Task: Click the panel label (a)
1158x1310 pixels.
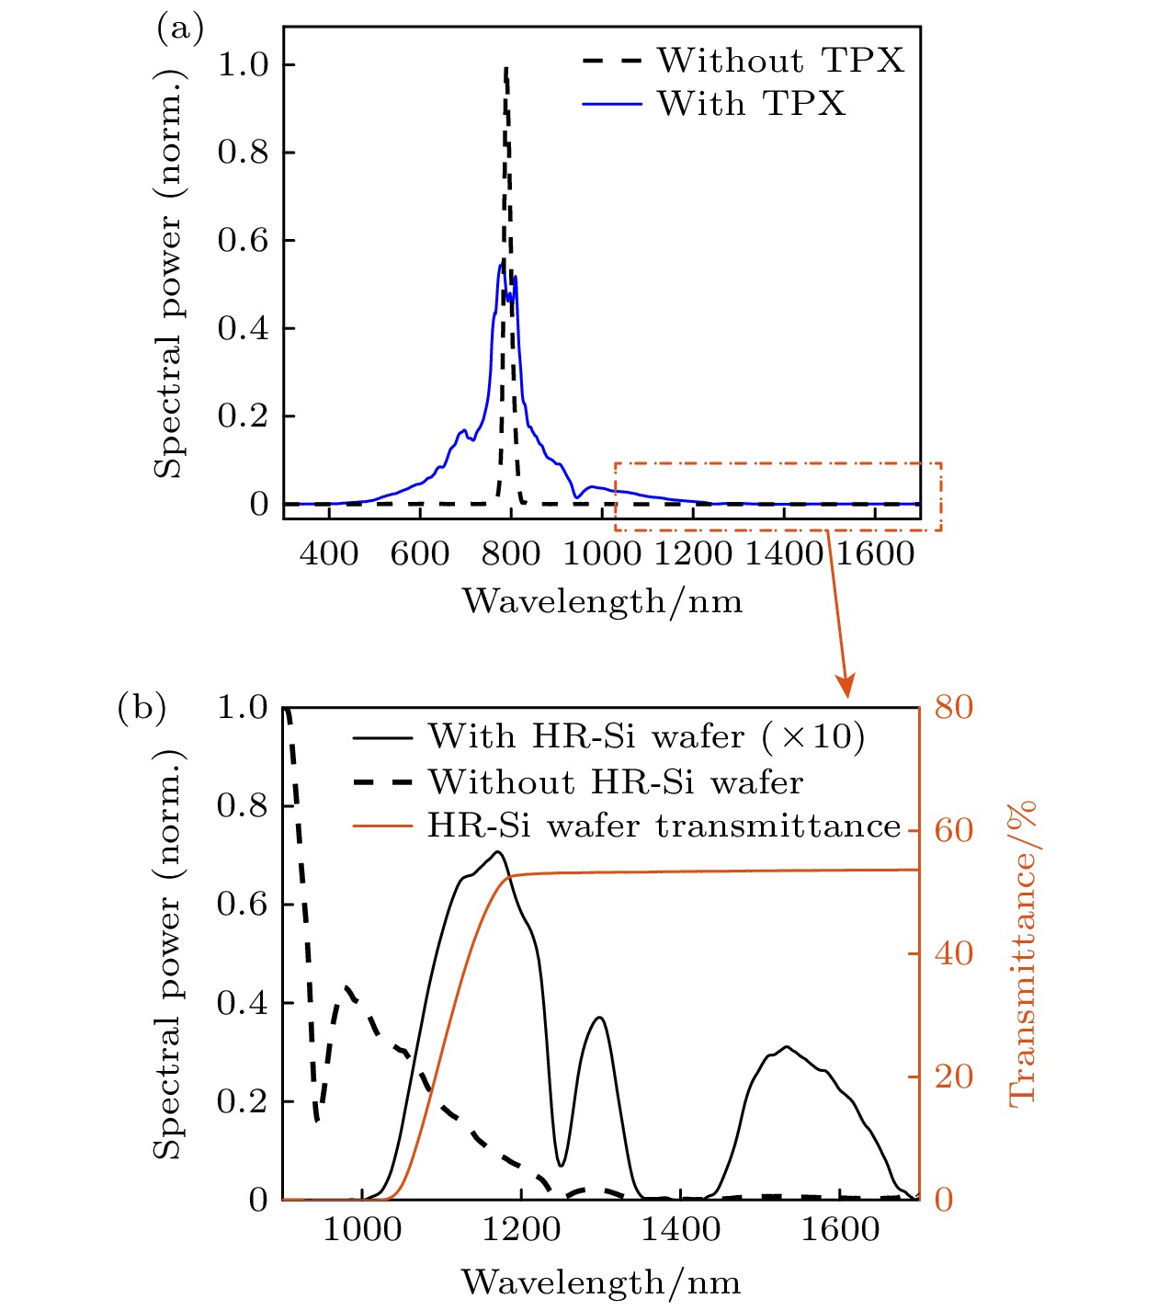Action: [x=180, y=28]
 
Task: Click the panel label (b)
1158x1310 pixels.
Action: [x=142, y=708]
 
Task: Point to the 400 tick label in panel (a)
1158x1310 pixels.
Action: [x=329, y=553]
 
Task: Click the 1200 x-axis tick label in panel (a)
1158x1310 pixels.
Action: [x=692, y=553]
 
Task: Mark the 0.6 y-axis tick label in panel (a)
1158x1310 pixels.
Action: [x=243, y=241]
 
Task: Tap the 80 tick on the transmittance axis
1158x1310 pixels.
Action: [x=953, y=707]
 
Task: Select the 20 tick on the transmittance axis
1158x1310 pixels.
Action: [x=953, y=1076]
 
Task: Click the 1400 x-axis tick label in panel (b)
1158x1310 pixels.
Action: [x=680, y=1229]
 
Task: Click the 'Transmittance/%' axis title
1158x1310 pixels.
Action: [x=1022, y=952]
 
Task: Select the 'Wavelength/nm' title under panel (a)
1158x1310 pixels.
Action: [x=602, y=601]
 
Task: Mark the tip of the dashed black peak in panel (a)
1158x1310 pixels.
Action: [x=505, y=67]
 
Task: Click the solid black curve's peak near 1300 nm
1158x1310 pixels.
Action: [x=600, y=1017]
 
